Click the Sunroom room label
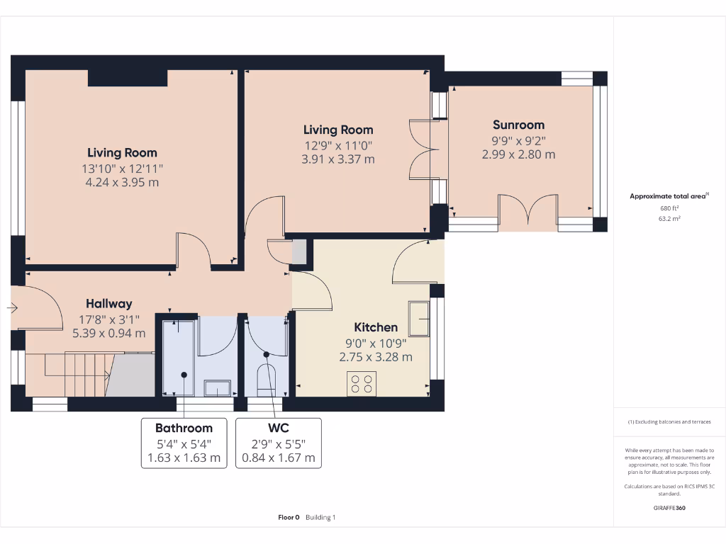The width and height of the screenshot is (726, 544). click(x=518, y=125)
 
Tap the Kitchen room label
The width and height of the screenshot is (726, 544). click(x=376, y=327)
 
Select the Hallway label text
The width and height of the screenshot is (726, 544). click(x=109, y=303)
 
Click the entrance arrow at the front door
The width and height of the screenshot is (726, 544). click(x=13, y=308)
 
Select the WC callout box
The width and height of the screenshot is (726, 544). click(x=278, y=443)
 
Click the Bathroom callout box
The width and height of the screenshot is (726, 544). click(x=184, y=443)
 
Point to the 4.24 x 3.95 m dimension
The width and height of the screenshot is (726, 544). click(x=123, y=182)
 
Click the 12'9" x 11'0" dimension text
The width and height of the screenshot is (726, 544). click(x=338, y=145)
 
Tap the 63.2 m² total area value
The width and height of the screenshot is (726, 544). click(x=669, y=220)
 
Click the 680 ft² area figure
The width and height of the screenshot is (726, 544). click(x=669, y=208)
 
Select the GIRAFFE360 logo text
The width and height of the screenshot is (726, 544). click(x=669, y=508)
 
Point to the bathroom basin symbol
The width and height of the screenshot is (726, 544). click(x=217, y=387)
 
